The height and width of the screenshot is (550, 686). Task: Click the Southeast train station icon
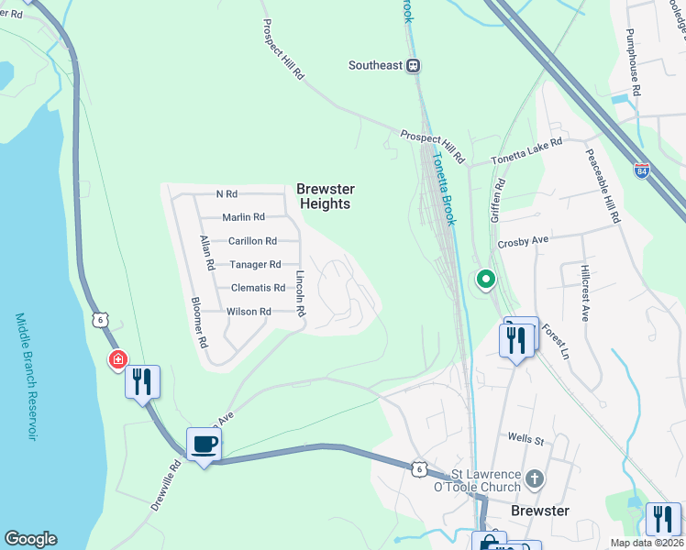(414, 65)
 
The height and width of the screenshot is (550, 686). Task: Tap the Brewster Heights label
(324, 196)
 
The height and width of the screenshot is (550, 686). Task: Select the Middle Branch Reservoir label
(25, 376)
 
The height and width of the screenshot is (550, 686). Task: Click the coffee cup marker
(204, 445)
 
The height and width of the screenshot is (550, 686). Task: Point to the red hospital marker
(117, 360)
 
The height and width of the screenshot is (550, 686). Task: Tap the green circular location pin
(485, 280)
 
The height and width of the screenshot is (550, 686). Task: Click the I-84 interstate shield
(642, 170)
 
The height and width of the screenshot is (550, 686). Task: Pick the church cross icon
(536, 478)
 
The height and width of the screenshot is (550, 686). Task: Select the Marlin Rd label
(243, 217)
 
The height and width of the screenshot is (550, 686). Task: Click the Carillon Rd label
(252, 241)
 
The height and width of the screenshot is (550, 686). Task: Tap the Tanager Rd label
(255, 265)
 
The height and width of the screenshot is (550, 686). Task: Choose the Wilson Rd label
(249, 312)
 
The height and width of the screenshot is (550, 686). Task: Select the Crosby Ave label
(522, 240)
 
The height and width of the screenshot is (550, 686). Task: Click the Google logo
(30, 539)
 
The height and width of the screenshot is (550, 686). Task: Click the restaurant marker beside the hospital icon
(142, 380)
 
